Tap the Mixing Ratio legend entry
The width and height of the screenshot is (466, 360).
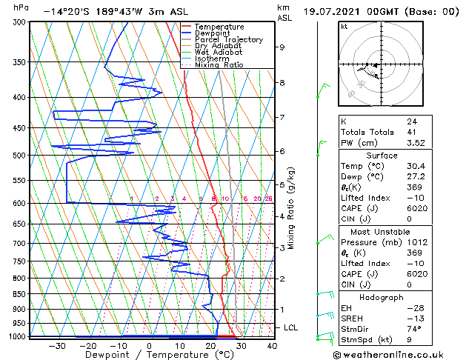point(219,65)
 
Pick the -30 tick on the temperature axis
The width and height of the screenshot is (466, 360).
point(56,345)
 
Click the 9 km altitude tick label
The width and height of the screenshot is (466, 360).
point(282,47)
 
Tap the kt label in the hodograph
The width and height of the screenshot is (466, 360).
point(344,26)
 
